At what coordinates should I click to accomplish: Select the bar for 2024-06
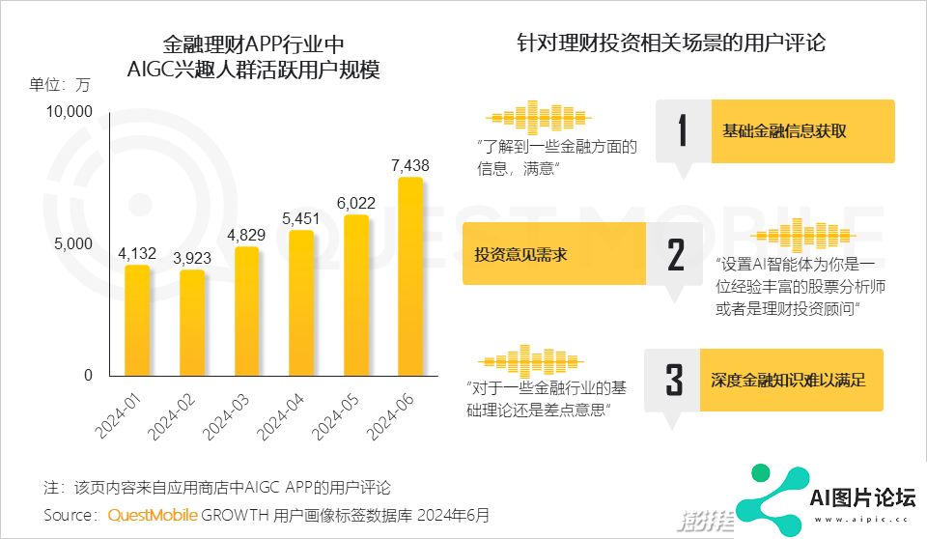click(x=410, y=276)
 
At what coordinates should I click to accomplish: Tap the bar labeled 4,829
click(x=246, y=311)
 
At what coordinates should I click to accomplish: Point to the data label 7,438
click(x=410, y=165)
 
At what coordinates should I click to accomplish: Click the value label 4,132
click(x=137, y=253)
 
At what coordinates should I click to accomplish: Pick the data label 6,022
click(x=356, y=203)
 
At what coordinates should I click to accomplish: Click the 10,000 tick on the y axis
click(x=69, y=112)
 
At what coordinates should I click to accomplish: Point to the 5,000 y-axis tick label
click(x=73, y=243)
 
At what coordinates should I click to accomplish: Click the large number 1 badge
click(x=684, y=130)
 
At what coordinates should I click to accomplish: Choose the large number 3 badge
click(x=675, y=379)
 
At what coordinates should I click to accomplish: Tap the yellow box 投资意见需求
click(x=554, y=254)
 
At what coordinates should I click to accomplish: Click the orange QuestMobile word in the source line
click(x=153, y=515)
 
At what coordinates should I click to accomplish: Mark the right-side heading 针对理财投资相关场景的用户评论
click(x=671, y=43)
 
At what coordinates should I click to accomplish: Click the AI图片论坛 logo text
click(x=862, y=498)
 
